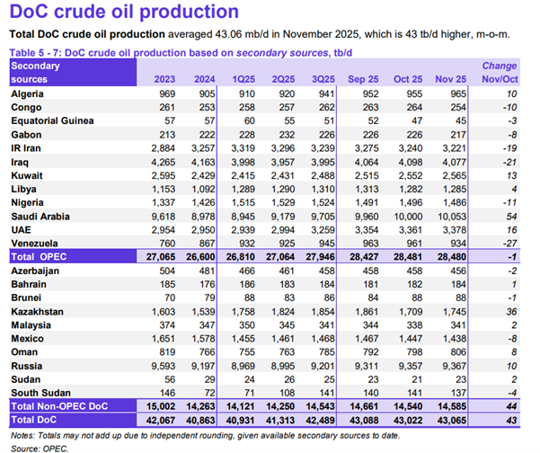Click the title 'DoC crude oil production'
(x=124, y=13)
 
